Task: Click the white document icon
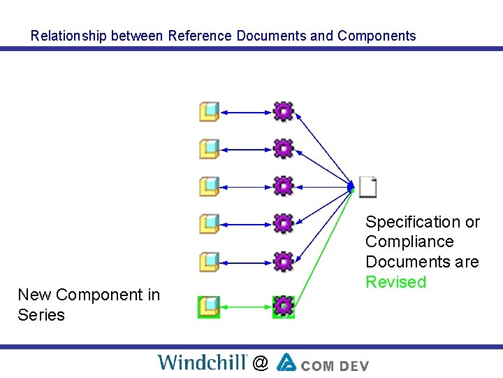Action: click(368, 187)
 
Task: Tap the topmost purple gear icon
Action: click(283, 111)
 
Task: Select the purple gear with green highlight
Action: click(283, 306)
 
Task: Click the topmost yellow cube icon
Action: click(209, 111)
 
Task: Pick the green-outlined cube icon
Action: click(209, 306)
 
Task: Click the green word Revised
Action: click(395, 282)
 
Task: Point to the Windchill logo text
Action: click(202, 362)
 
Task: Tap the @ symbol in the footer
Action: click(260, 363)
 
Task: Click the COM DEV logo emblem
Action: click(286, 362)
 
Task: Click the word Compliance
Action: click(409, 241)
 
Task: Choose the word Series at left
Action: click(41, 315)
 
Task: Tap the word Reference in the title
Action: click(200, 36)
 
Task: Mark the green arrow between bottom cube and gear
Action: click(246, 306)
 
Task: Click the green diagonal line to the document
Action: click(324, 246)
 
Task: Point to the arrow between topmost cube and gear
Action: click(246, 111)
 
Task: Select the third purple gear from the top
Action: click(283, 186)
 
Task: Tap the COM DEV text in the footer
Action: click(336, 364)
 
